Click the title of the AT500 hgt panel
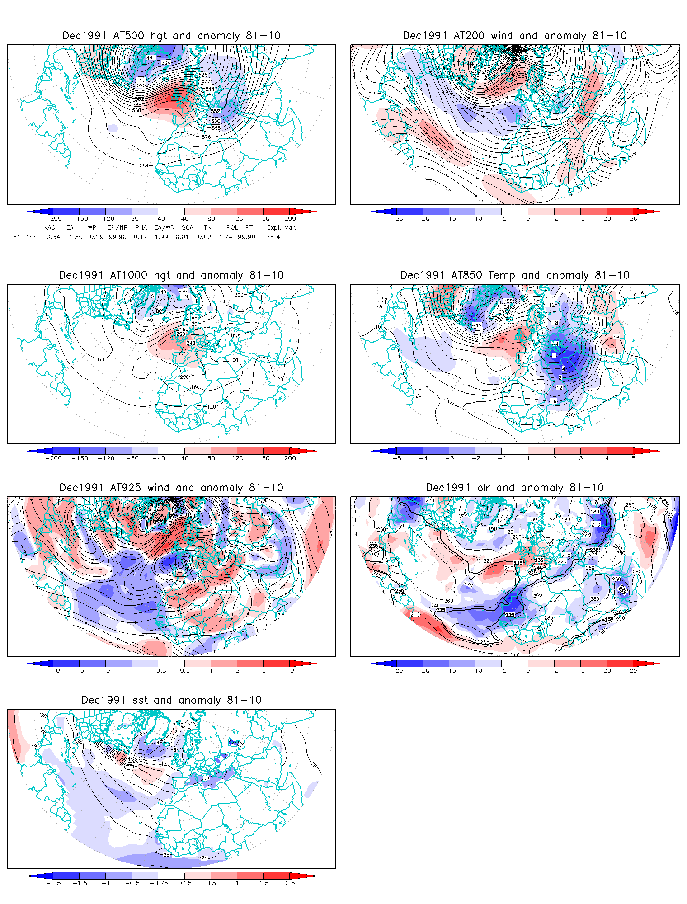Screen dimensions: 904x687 tap(171, 36)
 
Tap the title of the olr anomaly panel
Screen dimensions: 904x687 tap(515, 488)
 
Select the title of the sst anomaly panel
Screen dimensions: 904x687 tap(171, 700)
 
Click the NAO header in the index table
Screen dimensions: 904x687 tap(49, 228)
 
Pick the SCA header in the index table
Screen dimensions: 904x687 tap(188, 228)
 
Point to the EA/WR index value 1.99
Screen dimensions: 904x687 tap(161, 237)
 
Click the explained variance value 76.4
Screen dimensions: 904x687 tap(273, 237)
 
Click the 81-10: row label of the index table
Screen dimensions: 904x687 tap(24, 237)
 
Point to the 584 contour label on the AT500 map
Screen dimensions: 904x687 tap(144, 165)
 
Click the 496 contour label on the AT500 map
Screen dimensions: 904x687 tap(151, 57)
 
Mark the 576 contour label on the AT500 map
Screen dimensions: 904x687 tap(206, 137)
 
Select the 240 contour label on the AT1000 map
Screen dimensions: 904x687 tap(191, 343)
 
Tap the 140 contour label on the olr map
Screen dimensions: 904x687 tap(501, 522)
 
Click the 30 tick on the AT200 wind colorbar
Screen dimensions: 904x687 tap(634, 219)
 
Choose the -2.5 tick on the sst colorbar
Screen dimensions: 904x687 tap(53, 883)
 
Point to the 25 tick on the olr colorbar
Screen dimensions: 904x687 tap(634, 671)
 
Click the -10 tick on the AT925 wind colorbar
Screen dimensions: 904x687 tap(53, 671)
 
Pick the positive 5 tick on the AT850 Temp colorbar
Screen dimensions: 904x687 tap(634, 458)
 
